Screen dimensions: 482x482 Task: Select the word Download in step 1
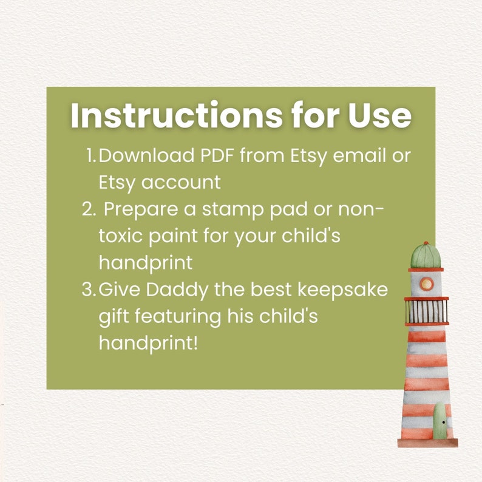click(145, 155)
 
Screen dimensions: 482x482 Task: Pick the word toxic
click(119, 236)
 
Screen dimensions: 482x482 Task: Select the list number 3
click(88, 289)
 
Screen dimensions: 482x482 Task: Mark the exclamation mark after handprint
click(195, 342)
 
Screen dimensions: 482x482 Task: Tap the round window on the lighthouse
click(427, 283)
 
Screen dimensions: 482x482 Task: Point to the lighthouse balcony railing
click(427, 311)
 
